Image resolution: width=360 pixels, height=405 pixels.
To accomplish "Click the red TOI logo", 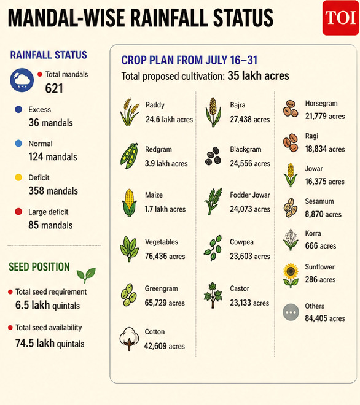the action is pos(340,18).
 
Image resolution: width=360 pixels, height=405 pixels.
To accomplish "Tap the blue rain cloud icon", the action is pos(22,80).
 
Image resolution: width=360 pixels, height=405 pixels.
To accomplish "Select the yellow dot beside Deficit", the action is pos(18,177).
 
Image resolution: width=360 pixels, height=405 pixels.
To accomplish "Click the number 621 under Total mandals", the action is pos(54,88).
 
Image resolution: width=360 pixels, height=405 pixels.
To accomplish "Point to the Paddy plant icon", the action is pos(130,112).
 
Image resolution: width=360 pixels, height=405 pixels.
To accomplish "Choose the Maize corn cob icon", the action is pos(129,202).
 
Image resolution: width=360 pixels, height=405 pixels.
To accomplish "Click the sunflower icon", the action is pos(291,276).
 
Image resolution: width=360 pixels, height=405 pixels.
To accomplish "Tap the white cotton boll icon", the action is pos(129,339).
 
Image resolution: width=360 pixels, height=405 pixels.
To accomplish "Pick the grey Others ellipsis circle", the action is pos(291,312).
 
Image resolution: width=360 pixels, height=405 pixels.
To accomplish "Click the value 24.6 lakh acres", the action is pos(169,119).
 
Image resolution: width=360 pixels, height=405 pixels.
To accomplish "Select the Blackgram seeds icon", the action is pos(213,156).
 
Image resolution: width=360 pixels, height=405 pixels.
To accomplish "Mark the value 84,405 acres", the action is pos(325,318).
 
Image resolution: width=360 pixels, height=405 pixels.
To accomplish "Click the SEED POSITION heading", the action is pos(39,267).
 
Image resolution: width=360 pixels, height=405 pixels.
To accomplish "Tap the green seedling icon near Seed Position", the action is pos(86,275).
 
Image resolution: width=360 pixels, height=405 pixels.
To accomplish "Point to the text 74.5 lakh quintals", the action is pos(50,343).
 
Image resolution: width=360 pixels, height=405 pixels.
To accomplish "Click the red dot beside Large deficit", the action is pos(18,212).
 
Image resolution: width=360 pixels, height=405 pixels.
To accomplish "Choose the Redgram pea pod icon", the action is pos(129,156).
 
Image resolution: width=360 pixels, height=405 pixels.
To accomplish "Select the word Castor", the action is pos(240,288).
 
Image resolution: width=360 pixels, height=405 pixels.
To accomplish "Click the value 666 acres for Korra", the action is pos(321,245).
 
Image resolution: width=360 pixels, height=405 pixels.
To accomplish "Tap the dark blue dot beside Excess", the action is pos(18,109).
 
